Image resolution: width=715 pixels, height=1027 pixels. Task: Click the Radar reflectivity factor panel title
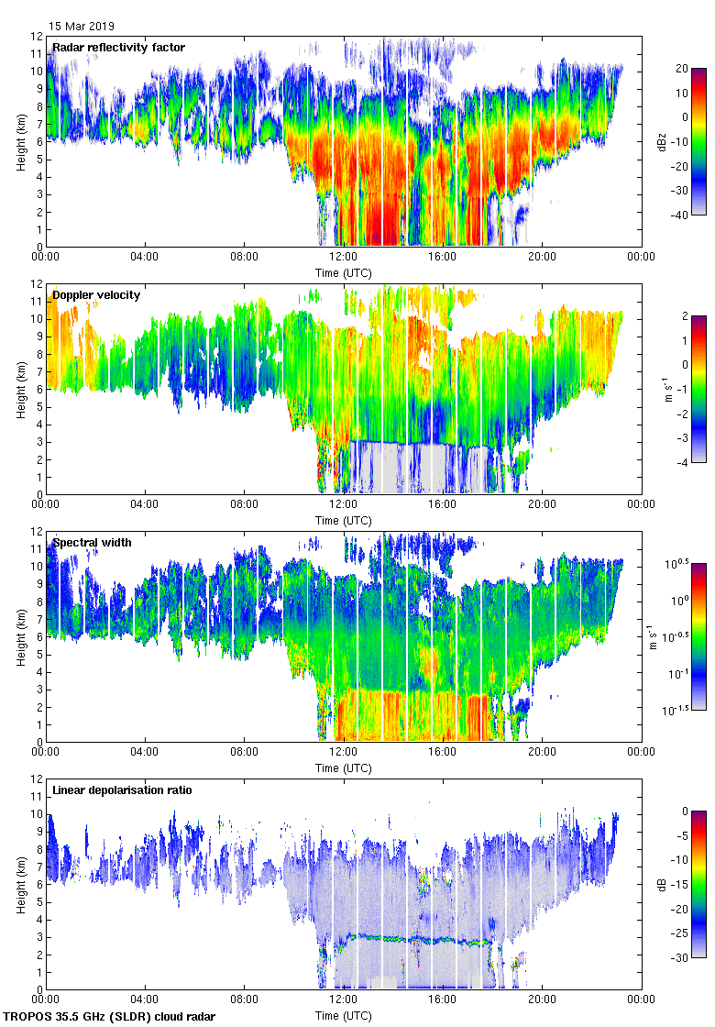(118, 47)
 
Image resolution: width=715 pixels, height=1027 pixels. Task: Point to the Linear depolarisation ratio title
(122, 790)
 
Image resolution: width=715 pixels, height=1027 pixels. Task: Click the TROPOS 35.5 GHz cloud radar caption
(110, 1017)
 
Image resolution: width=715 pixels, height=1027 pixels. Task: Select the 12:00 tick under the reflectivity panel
(344, 258)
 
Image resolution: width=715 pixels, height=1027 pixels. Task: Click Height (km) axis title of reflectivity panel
(20, 142)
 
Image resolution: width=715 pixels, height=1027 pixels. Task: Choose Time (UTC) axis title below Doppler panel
(344, 521)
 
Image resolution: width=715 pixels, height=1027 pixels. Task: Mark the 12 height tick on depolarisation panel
(38, 779)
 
